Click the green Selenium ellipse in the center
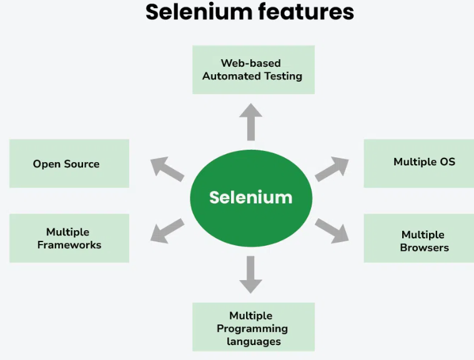(250, 198)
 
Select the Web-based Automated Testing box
(253, 70)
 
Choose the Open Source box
(69, 163)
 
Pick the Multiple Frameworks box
(69, 238)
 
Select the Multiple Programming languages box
(253, 328)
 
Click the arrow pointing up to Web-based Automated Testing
(250, 122)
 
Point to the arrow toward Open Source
(167, 169)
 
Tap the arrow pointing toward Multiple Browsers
(332, 230)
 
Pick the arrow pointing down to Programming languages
(250, 275)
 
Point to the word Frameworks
(69, 245)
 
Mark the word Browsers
(424, 248)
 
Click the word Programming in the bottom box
(252, 328)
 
